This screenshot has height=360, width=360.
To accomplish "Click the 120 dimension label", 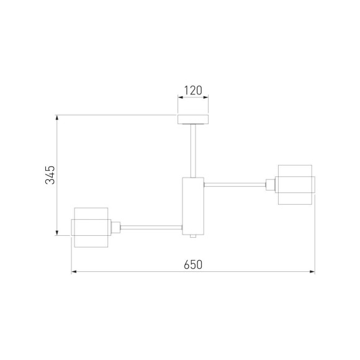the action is pos(193,90).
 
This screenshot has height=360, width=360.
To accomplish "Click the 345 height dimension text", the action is pos(50,175).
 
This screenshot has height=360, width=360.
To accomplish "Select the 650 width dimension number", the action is pos(193,264).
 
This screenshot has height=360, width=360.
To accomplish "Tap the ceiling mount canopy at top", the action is pos(193,119).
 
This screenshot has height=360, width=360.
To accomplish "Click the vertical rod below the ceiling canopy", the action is pos(193,151).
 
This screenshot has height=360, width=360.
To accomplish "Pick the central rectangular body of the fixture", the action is pos(193,206).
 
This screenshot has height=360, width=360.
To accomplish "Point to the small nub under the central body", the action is pos(193,236).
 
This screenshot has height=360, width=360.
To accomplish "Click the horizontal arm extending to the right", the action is pos(235,184).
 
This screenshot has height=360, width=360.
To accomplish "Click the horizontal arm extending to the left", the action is pos(151,228).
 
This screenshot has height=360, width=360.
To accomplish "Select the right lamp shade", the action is pos(295,184).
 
